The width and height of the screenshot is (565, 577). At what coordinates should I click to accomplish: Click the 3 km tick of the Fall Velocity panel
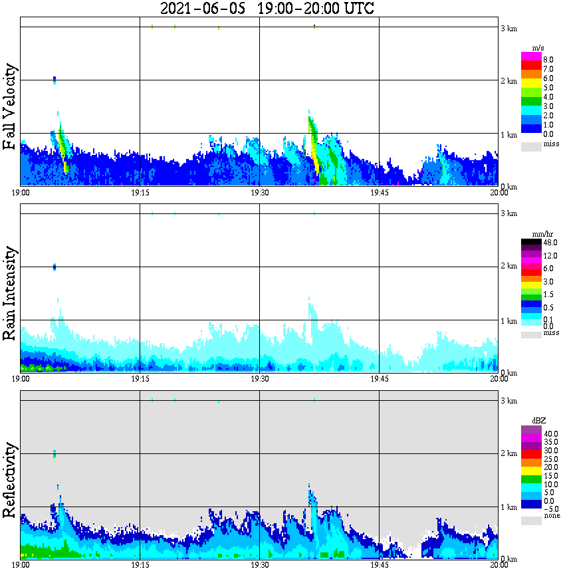[508, 28]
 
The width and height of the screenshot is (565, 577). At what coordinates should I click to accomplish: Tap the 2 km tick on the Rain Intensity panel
[508, 267]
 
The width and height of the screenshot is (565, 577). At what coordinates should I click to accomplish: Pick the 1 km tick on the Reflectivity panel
[508, 507]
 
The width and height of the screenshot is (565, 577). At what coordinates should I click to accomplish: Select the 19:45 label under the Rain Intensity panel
[379, 378]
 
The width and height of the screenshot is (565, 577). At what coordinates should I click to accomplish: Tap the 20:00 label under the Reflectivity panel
[499, 564]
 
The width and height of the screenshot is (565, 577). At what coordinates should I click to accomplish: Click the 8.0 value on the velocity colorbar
[548, 59]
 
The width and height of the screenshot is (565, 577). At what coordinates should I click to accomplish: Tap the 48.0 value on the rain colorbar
[550, 243]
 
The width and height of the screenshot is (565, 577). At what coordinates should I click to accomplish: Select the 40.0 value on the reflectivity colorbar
[550, 433]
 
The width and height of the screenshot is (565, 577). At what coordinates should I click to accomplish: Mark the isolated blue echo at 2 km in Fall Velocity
[55, 80]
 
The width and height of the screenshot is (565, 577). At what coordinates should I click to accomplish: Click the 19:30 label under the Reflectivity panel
[259, 564]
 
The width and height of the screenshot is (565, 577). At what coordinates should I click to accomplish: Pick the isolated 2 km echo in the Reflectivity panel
[55, 453]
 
